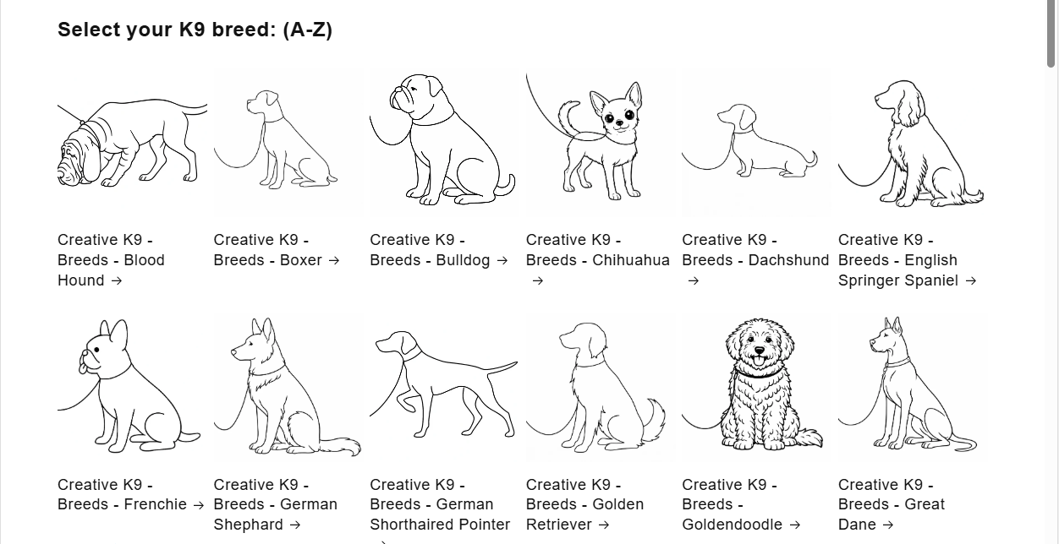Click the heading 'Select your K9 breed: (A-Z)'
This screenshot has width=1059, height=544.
tap(195, 30)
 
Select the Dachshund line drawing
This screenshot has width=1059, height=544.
tap(751, 144)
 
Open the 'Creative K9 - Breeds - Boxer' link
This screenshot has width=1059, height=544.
tap(276, 250)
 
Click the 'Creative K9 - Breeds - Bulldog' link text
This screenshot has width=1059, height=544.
tap(438, 250)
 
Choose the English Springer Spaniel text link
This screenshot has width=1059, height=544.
tap(907, 260)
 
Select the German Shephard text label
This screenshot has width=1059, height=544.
tap(275, 504)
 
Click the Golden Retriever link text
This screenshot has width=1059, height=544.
tap(584, 504)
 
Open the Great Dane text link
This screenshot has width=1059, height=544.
tap(892, 504)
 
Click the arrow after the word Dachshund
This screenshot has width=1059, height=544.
tap(694, 281)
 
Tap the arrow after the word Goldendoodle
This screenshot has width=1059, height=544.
tap(794, 525)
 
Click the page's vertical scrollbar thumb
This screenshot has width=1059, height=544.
tap(1051, 34)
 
